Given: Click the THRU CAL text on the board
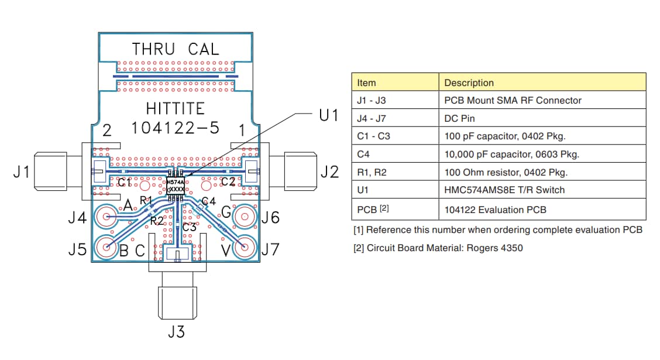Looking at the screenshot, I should click(176, 49).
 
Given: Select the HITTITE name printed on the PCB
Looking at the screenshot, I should click(176, 109).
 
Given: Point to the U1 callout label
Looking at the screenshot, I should click(329, 115).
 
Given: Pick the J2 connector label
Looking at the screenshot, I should click(329, 172).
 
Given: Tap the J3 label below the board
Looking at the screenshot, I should click(176, 332).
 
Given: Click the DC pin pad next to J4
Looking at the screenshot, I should click(107, 217).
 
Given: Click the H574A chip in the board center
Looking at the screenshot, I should click(176, 187).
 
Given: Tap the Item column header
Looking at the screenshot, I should click(366, 83).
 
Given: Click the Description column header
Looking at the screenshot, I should click(469, 83).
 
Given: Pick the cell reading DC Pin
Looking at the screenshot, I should click(459, 118).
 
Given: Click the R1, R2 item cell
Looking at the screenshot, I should click(371, 173).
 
